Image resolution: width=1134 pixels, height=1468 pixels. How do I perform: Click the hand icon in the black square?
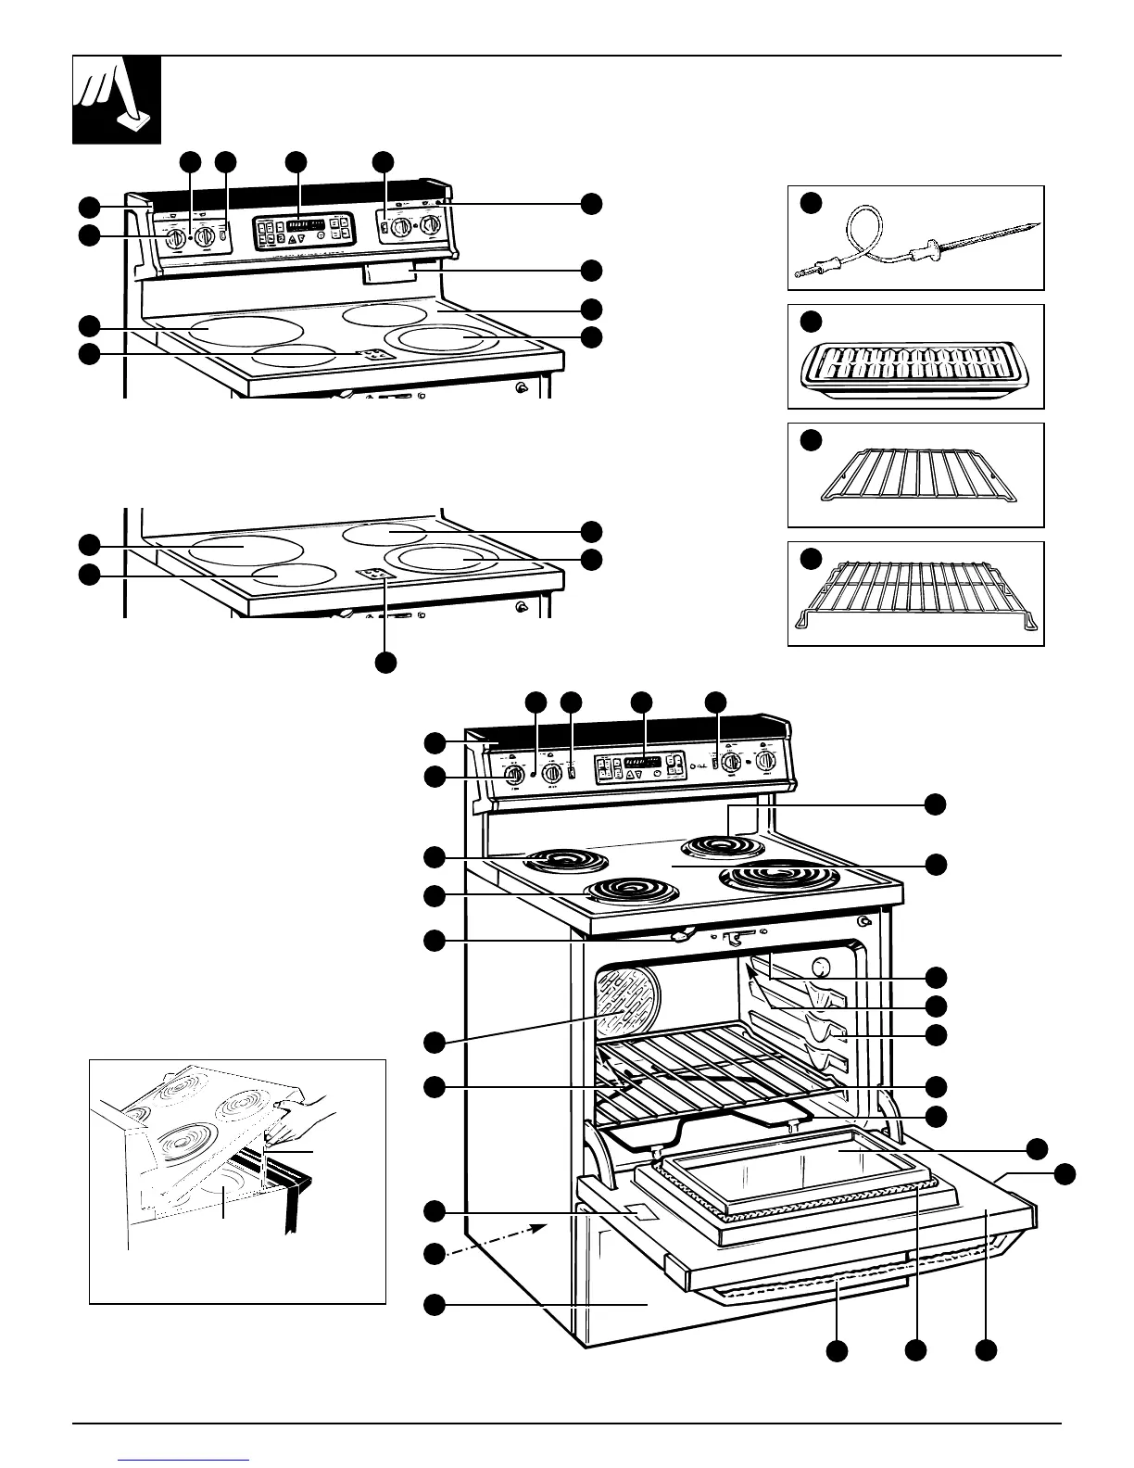(118, 100)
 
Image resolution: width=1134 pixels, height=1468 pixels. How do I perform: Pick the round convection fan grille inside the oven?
(629, 1002)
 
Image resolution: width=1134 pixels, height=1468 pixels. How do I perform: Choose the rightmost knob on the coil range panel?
(765, 762)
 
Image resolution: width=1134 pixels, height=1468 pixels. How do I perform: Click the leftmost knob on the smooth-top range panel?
(173, 239)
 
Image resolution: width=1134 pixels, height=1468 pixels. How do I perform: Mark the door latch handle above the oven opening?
(682, 935)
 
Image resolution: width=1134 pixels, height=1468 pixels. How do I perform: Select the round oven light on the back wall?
(819, 968)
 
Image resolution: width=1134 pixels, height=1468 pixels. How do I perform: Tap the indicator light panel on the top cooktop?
(374, 354)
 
